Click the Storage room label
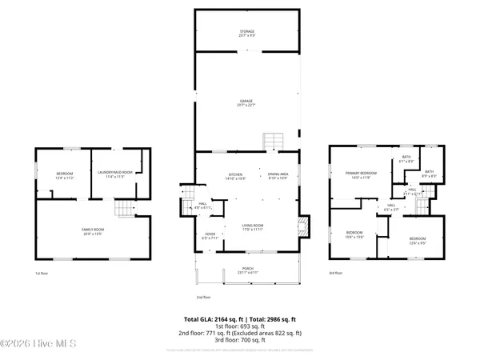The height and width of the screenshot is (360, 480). [246, 33]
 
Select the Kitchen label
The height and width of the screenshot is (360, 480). [235, 176]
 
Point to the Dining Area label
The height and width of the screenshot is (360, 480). [278, 176]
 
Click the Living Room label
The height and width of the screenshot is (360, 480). [254, 228]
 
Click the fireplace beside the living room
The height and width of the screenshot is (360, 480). [302, 226]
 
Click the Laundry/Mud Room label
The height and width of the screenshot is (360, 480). [115, 174]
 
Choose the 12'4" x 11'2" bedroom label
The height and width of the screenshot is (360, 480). [65, 175]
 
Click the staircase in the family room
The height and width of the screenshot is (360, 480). [123, 210]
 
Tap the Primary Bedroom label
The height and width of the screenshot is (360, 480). [362, 174]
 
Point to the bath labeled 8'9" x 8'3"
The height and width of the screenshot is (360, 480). [429, 173]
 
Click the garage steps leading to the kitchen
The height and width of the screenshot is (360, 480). [274, 141]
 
